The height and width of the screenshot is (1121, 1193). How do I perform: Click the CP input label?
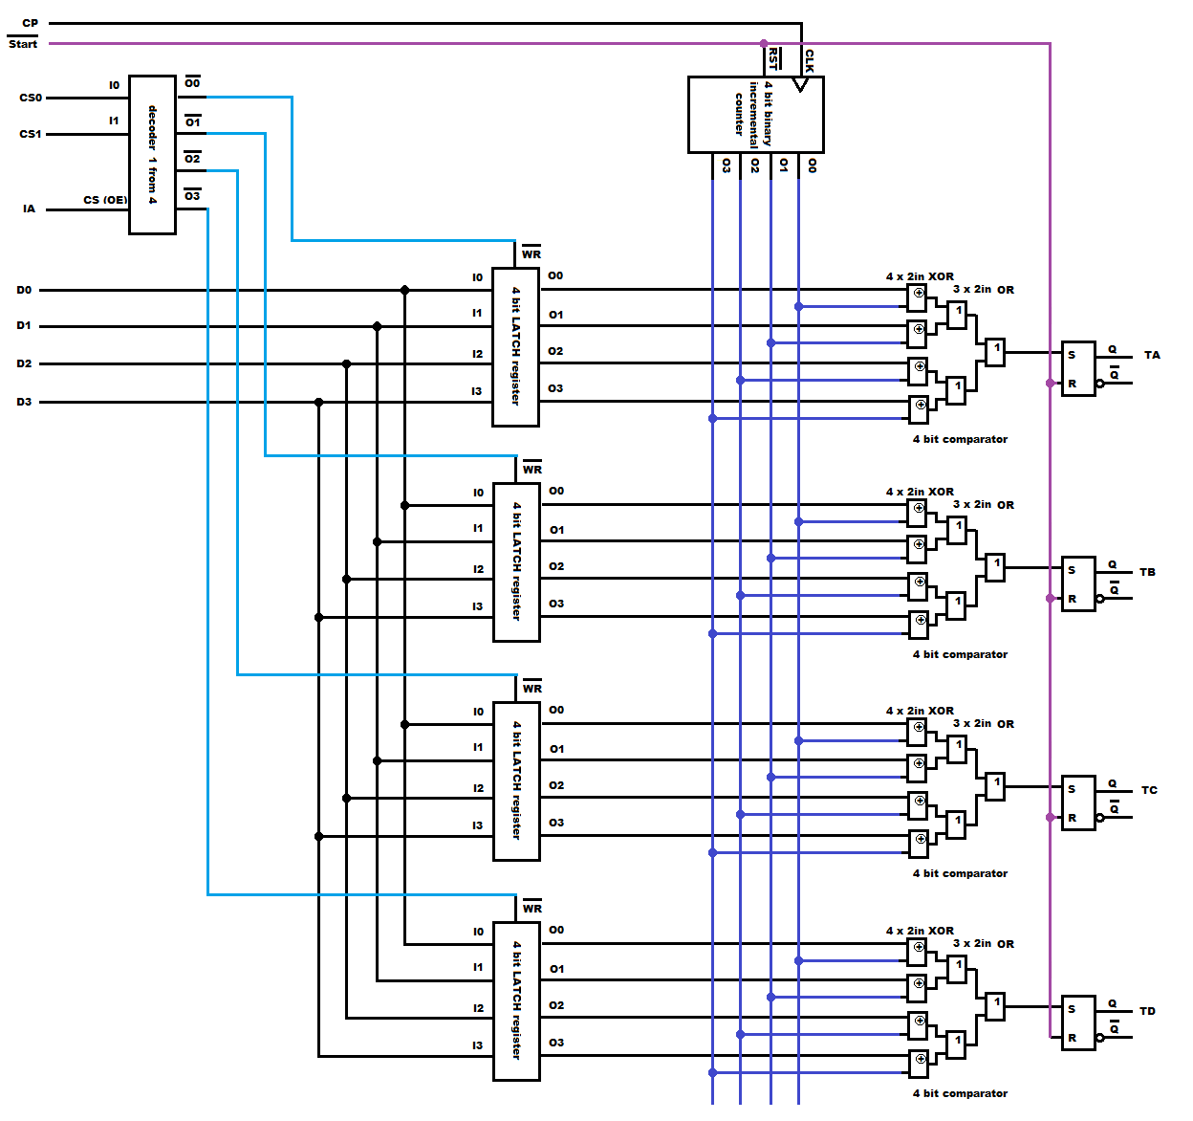pyautogui.click(x=30, y=23)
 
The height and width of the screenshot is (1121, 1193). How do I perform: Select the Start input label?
pyautogui.click(x=23, y=44)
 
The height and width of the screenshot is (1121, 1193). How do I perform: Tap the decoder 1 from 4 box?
pyautogui.click(x=152, y=155)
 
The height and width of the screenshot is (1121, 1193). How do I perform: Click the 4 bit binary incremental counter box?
pyautogui.click(x=755, y=115)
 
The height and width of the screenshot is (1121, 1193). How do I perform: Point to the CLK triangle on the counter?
pyautogui.click(x=801, y=84)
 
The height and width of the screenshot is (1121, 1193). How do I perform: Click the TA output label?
pyautogui.click(x=1152, y=355)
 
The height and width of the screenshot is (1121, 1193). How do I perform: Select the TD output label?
pyautogui.click(x=1147, y=1011)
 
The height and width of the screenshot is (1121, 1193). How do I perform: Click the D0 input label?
pyautogui.click(x=24, y=290)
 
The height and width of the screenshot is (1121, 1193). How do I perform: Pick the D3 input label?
pyautogui.click(x=24, y=402)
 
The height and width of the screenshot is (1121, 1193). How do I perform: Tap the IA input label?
pyautogui.click(x=29, y=209)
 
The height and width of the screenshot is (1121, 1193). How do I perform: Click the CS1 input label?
pyautogui.click(x=30, y=134)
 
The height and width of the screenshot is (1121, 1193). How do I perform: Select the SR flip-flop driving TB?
pyautogui.click(x=1078, y=583)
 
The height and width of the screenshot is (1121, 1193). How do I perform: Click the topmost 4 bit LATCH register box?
pyautogui.click(x=515, y=346)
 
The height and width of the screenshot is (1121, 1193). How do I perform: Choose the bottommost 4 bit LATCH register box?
pyautogui.click(x=516, y=1000)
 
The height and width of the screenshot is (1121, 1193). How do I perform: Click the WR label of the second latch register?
pyautogui.click(x=532, y=470)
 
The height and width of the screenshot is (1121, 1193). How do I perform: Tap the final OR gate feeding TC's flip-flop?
pyautogui.click(x=995, y=786)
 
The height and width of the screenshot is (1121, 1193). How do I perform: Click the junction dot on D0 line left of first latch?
pyautogui.click(x=404, y=290)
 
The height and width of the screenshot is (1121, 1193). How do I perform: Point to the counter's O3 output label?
pyautogui.click(x=727, y=165)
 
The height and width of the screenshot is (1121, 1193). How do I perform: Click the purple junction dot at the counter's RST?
pyautogui.click(x=764, y=44)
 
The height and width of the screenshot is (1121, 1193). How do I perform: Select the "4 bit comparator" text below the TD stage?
pyautogui.click(x=960, y=1093)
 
